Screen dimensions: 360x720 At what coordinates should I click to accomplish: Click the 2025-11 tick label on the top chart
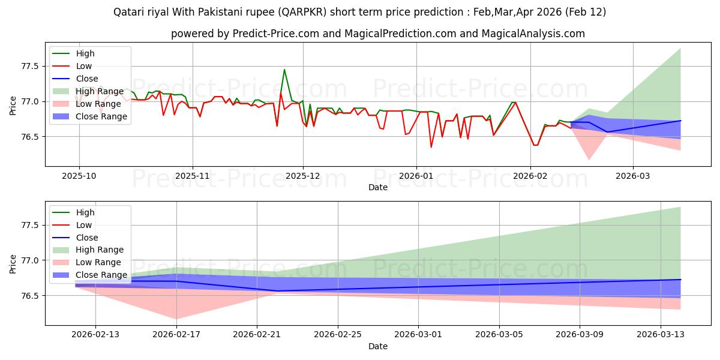193,176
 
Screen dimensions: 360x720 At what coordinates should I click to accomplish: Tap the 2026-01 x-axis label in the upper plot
416,176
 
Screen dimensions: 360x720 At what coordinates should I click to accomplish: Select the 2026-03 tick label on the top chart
633,176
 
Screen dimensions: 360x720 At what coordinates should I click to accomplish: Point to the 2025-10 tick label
79,176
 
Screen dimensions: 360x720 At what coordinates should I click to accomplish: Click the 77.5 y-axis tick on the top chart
30,66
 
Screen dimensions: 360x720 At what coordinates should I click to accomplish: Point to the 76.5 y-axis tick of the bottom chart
30,296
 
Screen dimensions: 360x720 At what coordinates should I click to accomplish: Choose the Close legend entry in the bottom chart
87,238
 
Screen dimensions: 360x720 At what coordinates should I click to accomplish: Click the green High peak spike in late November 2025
284,70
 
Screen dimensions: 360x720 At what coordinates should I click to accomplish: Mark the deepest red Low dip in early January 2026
431,147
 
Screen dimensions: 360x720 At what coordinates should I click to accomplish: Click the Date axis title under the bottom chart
378,346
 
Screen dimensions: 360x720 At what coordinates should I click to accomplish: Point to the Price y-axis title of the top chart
13,105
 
